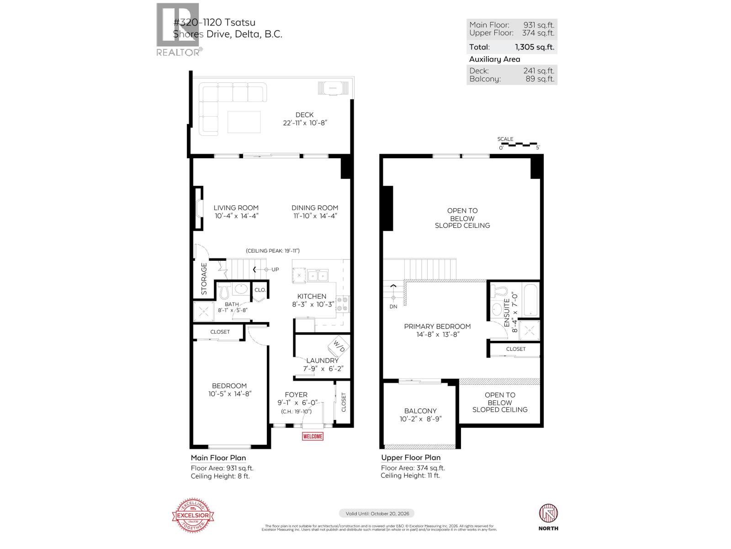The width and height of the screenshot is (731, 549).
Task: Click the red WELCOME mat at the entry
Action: pos(313,436)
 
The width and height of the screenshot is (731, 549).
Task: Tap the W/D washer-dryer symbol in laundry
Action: pos(339,346)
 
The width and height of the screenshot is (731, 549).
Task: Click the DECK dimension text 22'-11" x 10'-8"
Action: pos(305,123)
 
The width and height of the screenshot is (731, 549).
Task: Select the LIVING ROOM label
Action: pos(236,208)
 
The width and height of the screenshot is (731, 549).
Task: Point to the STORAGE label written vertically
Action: pos(204,278)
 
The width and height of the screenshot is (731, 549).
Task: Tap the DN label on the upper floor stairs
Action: pos(393,307)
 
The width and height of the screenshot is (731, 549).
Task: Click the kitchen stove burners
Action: pos(342,304)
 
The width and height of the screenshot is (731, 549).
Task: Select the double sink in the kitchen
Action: pos(317,275)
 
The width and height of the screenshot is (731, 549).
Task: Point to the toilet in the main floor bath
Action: pos(224,290)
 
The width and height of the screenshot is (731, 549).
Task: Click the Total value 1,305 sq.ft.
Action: pos(534,47)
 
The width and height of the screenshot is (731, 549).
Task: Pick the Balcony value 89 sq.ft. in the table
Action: pos(540,79)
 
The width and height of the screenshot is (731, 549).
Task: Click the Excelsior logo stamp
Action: pos(193,516)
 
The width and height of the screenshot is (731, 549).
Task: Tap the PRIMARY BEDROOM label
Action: pos(437,326)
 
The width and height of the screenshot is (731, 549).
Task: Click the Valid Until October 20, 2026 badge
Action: pos(376,513)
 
